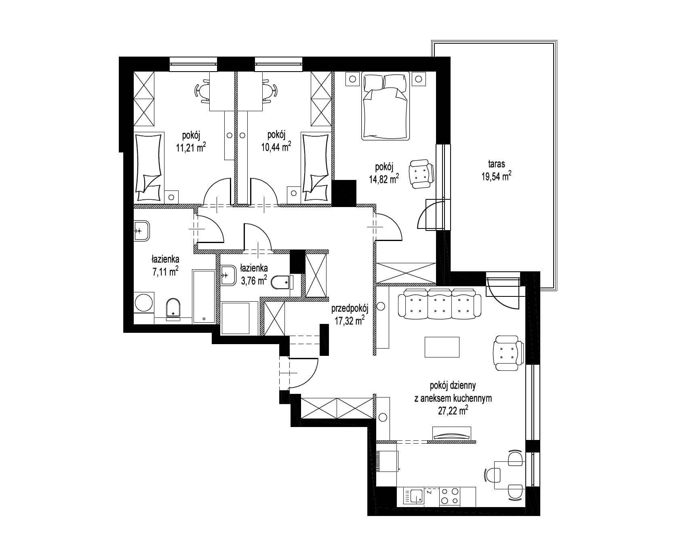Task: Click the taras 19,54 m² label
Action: pyautogui.click(x=496, y=170)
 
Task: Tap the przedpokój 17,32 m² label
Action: pyautogui.click(x=350, y=314)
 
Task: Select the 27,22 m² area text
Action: pyautogui.click(x=453, y=411)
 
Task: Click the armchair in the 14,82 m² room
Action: pyautogui.click(x=422, y=174)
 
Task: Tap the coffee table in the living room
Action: pyautogui.click(x=442, y=347)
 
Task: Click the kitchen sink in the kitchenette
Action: pyautogui.click(x=415, y=496)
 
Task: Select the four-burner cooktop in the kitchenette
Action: pyautogui.click(x=450, y=496)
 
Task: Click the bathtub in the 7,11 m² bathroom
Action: pyautogui.click(x=204, y=296)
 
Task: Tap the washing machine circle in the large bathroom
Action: pyautogui.click(x=144, y=302)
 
